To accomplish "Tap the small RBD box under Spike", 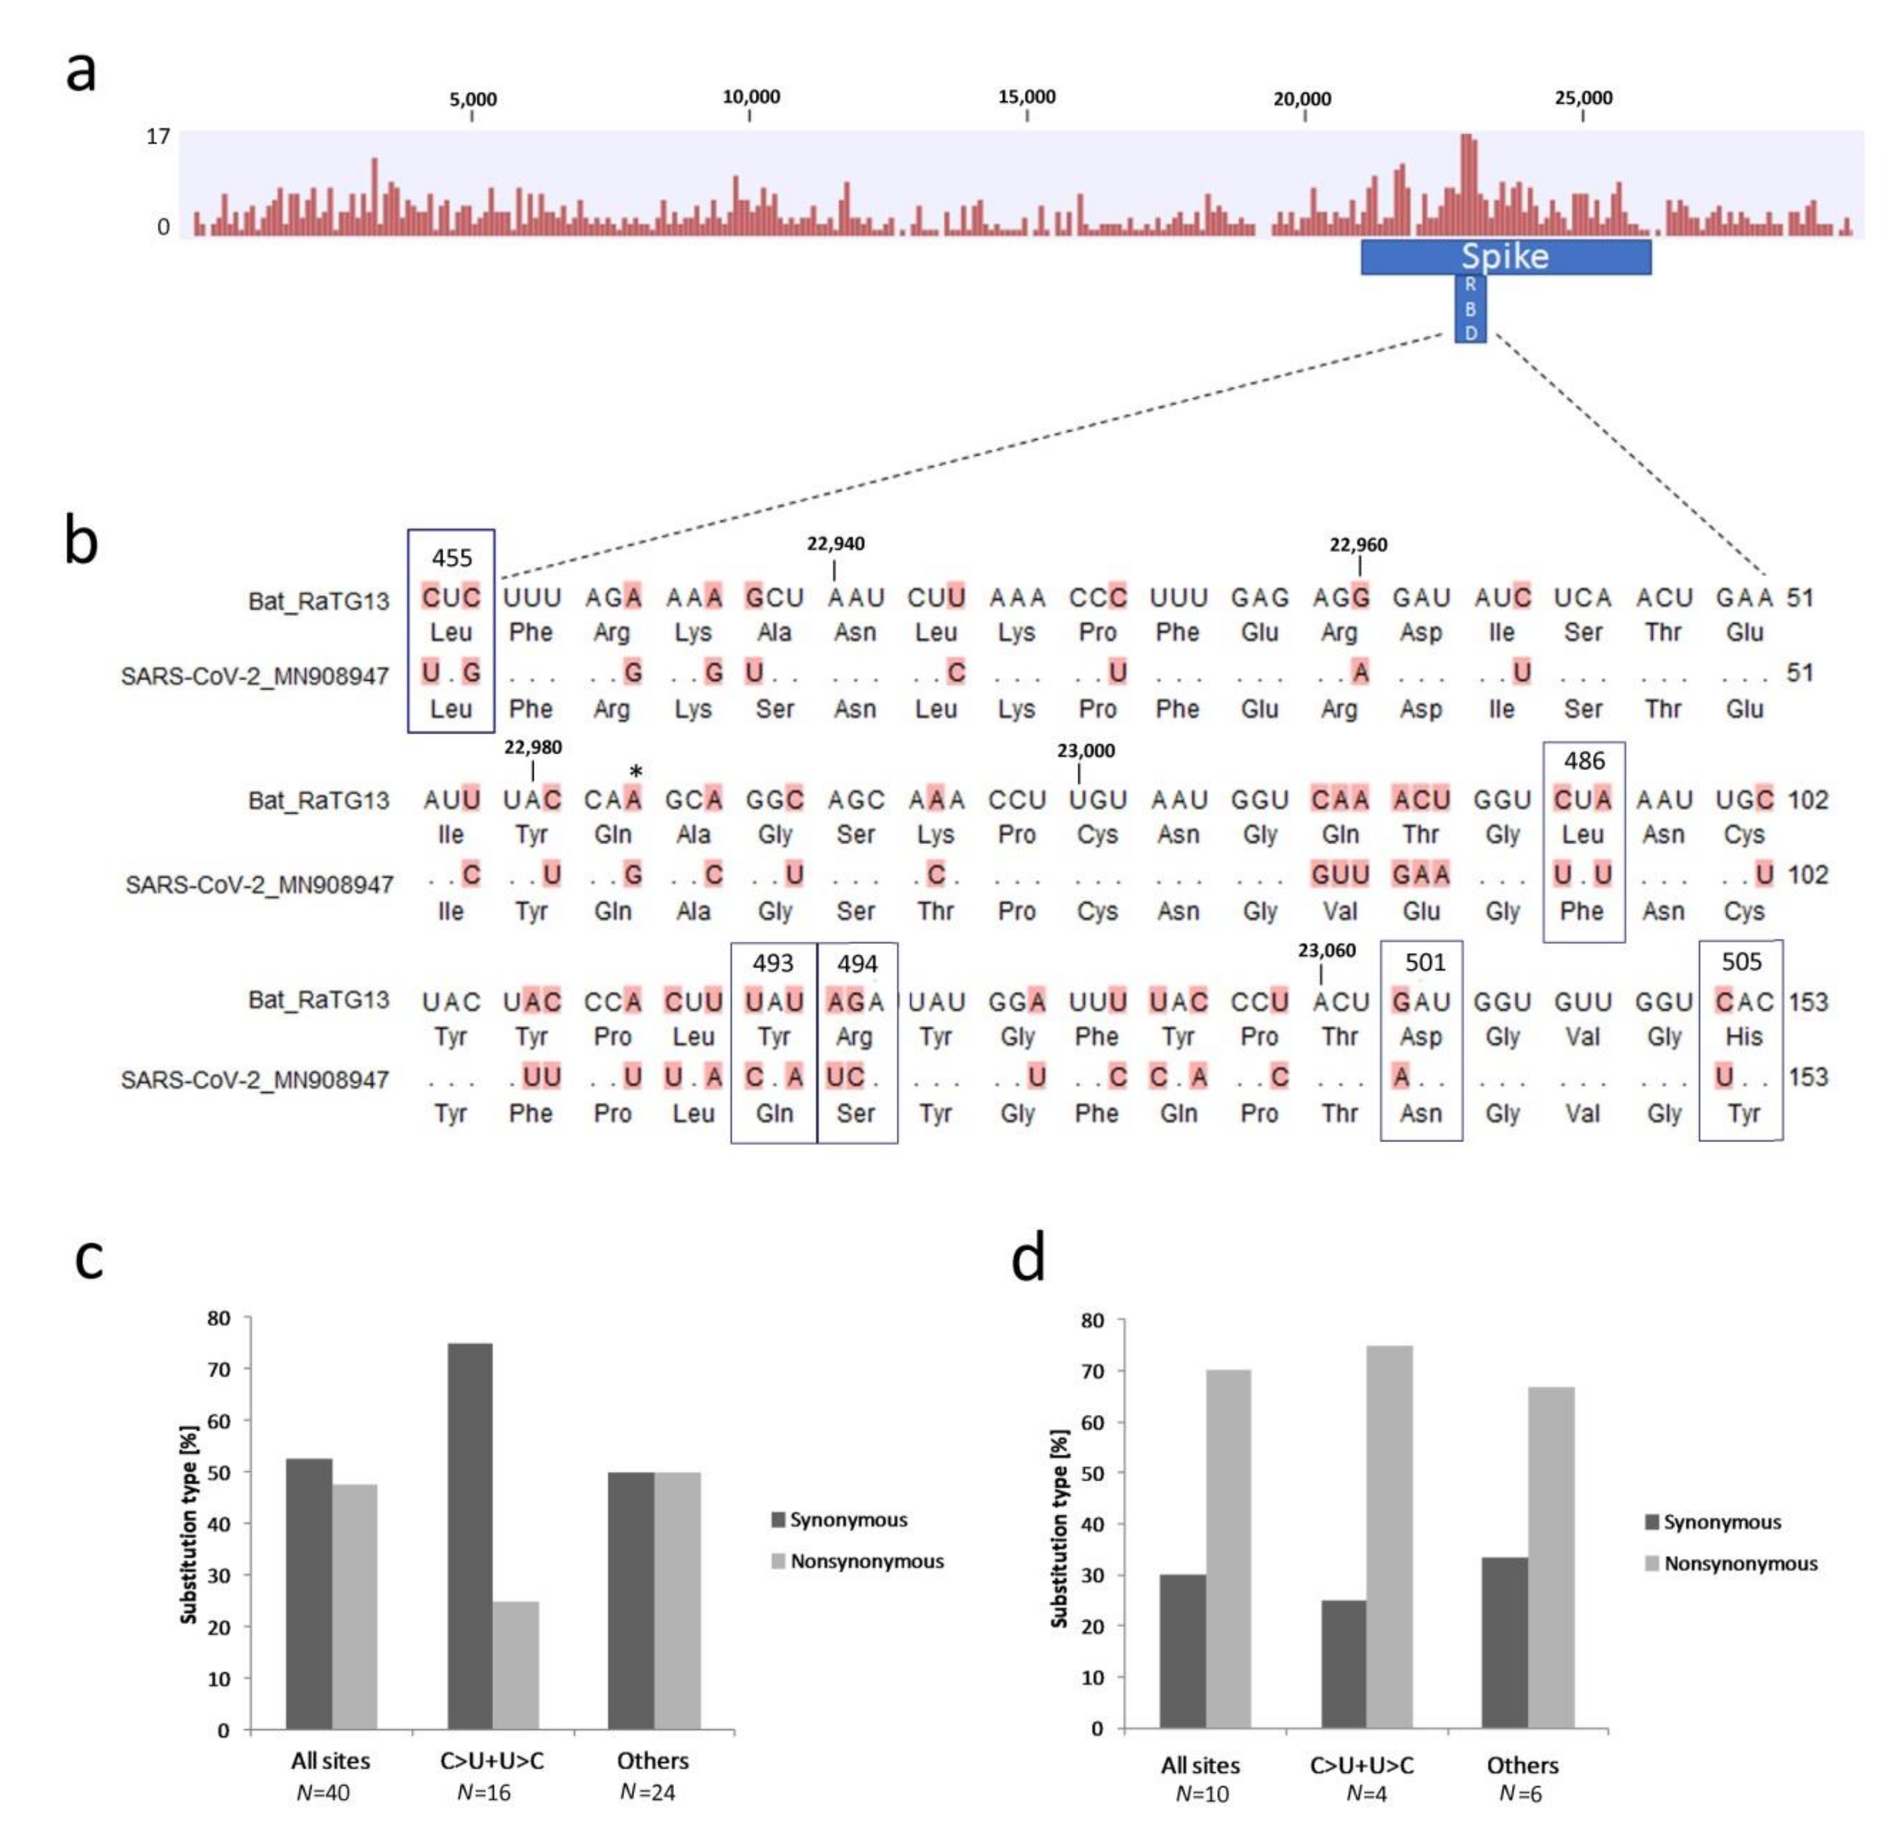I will pyautogui.click(x=1470, y=309).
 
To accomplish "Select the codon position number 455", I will pyautogui.click(x=451, y=558).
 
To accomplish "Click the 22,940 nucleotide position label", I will pyautogui.click(x=835, y=544).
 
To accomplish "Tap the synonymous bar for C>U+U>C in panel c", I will pyautogui.click(x=470, y=1535).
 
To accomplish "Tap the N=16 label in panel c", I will pyautogui.click(x=483, y=1793).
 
